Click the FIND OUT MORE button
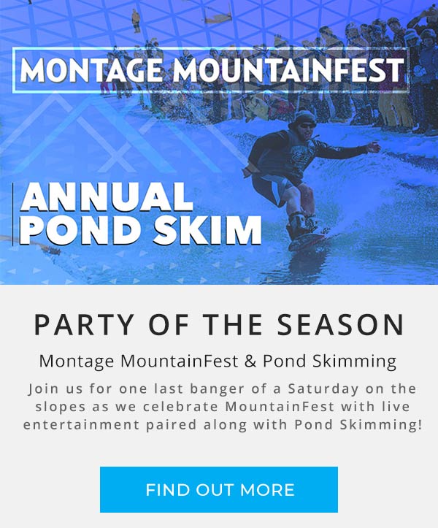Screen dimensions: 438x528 pos(219,489)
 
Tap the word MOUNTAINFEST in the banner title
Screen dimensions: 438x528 pos(288,70)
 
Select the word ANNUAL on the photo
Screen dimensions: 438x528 pos(107,197)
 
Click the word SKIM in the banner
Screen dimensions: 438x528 pos(208,230)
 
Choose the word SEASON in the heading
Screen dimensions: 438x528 pos(340,324)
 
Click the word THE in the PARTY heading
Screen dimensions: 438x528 pos(234,324)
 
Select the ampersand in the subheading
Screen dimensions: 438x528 pos(250,361)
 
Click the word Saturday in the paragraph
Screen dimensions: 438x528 pos(323,389)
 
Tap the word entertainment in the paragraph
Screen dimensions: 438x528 pos(81,424)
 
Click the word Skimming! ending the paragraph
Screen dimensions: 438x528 pos(381,425)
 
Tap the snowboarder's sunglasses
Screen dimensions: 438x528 pos(307,126)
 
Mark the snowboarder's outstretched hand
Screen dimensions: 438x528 pos(374,147)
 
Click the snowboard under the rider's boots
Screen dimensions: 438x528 pos(307,240)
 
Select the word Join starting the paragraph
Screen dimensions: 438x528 pos(42,389)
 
